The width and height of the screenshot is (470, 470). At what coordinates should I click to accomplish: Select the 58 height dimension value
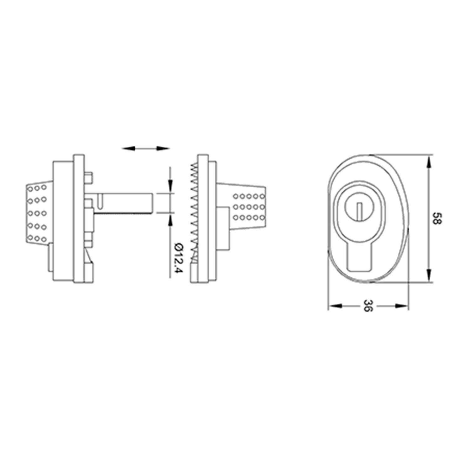coord(436,218)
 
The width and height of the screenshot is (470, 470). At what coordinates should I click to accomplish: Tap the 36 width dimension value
coord(368,305)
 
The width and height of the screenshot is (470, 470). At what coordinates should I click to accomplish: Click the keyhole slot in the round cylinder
coord(360,210)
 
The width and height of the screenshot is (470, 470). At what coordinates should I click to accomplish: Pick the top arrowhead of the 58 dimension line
coord(429,162)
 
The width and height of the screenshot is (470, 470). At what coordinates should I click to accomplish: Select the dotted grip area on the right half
coord(249,207)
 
